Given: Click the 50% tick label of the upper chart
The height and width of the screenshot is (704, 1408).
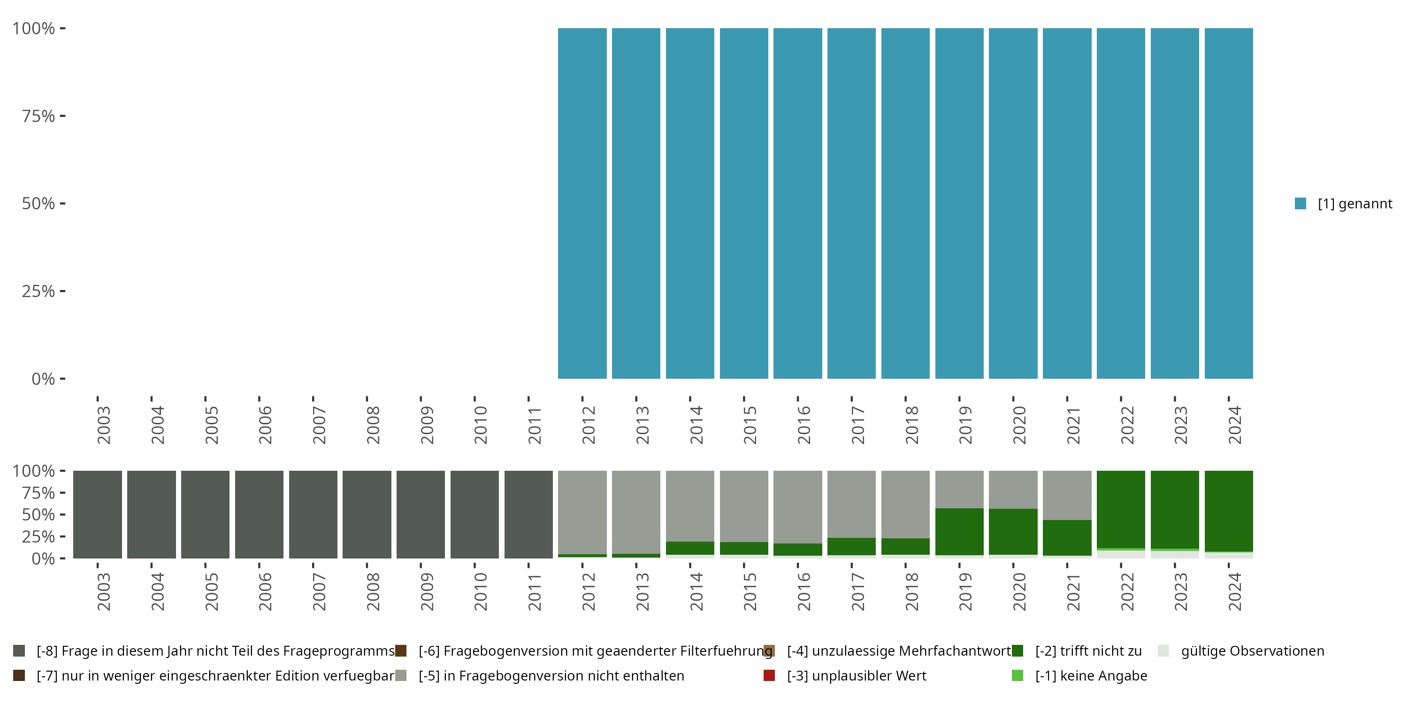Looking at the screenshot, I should point(38,203).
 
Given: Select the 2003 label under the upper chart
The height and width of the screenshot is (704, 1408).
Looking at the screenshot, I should point(103,425).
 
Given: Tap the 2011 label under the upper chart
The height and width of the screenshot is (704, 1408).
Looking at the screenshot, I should point(534,425).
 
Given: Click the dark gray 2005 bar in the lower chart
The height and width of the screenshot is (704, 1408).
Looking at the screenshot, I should point(206,514).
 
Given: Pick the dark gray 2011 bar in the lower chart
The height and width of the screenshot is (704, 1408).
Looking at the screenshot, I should point(528,514).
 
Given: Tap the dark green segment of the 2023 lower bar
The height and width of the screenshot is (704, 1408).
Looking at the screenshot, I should point(1175,509).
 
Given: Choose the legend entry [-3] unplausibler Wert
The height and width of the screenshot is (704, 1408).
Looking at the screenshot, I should point(856,675).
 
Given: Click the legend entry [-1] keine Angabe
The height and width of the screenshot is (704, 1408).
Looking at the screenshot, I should point(1090,675).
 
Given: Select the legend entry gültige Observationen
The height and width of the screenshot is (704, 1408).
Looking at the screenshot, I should point(1252,651).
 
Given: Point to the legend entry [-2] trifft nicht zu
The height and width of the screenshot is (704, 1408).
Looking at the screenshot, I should point(1088,651).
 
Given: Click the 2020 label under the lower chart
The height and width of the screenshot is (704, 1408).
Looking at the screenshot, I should point(1019,591).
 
